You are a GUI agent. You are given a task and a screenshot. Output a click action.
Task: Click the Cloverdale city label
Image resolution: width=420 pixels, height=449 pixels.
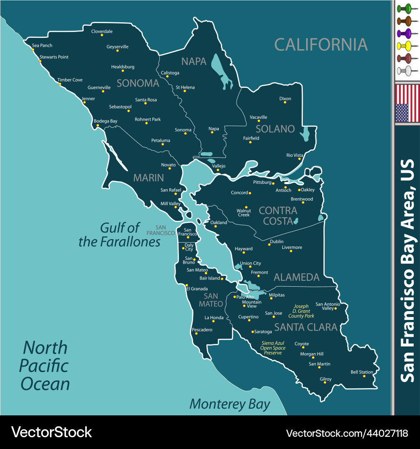click(x=102, y=32)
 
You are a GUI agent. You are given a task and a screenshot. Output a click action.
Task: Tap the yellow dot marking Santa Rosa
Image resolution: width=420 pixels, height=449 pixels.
click(x=145, y=103)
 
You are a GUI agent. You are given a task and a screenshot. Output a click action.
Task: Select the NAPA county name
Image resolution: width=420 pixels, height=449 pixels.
click(x=194, y=61)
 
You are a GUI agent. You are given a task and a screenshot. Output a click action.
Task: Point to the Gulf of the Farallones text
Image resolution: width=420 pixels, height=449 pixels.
click(x=120, y=235)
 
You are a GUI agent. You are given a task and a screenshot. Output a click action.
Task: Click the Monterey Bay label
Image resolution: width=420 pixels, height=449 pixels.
click(x=230, y=404)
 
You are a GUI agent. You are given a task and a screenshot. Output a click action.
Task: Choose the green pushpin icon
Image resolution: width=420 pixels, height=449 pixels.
click(x=406, y=8)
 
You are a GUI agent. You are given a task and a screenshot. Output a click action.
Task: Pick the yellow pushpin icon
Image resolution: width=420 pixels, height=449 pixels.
click(x=406, y=45)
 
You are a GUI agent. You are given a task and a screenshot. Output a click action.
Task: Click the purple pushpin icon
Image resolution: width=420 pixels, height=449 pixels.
click(x=406, y=33)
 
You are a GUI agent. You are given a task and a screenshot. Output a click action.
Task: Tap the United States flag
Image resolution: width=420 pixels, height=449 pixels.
click(x=407, y=103)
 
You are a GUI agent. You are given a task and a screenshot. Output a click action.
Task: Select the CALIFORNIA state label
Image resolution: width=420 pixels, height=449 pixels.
click(x=321, y=44)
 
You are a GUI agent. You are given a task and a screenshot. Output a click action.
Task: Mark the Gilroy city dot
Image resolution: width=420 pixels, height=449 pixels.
click(x=325, y=383)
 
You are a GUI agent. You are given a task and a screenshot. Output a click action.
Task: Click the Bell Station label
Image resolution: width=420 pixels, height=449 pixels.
click(x=362, y=372)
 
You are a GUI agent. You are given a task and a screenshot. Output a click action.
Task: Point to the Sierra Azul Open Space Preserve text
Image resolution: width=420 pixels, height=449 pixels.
click(x=273, y=348)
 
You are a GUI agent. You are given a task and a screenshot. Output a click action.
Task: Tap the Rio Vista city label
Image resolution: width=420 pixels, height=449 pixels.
click(x=294, y=155)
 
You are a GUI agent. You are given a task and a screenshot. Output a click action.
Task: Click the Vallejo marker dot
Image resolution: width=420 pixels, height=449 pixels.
click(x=218, y=170)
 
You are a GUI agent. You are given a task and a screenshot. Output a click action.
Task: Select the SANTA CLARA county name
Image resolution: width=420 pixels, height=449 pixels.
click(x=306, y=327)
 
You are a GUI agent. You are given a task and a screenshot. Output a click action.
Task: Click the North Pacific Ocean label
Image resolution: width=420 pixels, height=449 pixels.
click(x=45, y=366)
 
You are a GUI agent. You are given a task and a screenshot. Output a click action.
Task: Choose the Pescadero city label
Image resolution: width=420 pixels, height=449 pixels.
click(x=202, y=330)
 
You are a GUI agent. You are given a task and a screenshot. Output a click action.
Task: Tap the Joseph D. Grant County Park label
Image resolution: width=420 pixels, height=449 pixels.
click(x=301, y=311)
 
